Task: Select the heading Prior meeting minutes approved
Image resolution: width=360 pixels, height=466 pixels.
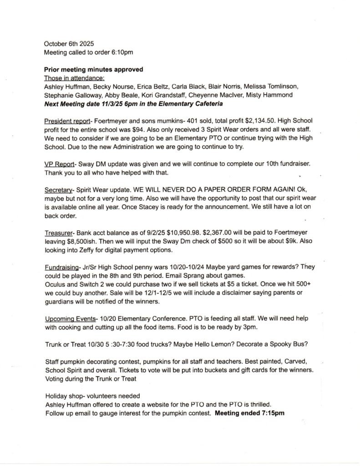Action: pyautogui.click(x=93, y=70)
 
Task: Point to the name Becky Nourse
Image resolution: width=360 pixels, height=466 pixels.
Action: pyautogui.click(x=106, y=87)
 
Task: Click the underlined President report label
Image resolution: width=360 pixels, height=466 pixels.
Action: pyautogui.click(x=67, y=122)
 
